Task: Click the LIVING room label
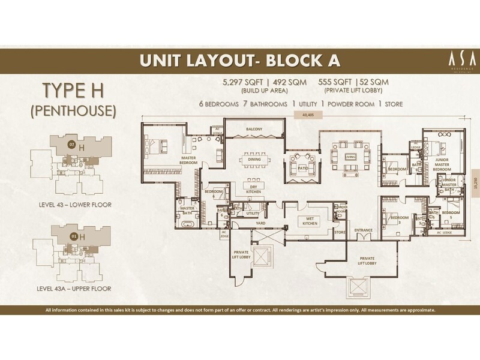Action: point(350,157)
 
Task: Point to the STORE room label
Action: point(340,232)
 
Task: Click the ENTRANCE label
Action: point(363,230)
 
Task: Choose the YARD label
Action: point(260,223)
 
